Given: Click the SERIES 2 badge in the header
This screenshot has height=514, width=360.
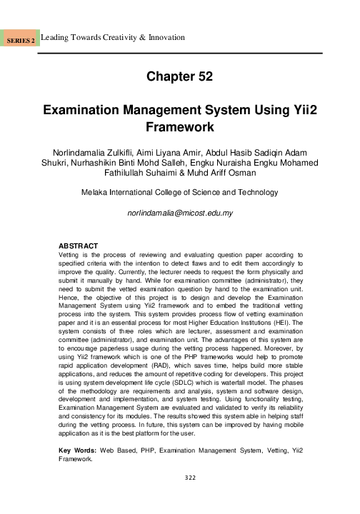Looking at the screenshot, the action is pos(22,41).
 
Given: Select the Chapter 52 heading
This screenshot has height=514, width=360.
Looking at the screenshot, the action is pos(179,77).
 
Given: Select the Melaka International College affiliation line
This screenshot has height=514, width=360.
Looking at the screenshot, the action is pos(179,193).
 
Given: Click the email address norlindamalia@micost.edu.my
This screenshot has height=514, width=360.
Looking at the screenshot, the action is pos(179,213).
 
